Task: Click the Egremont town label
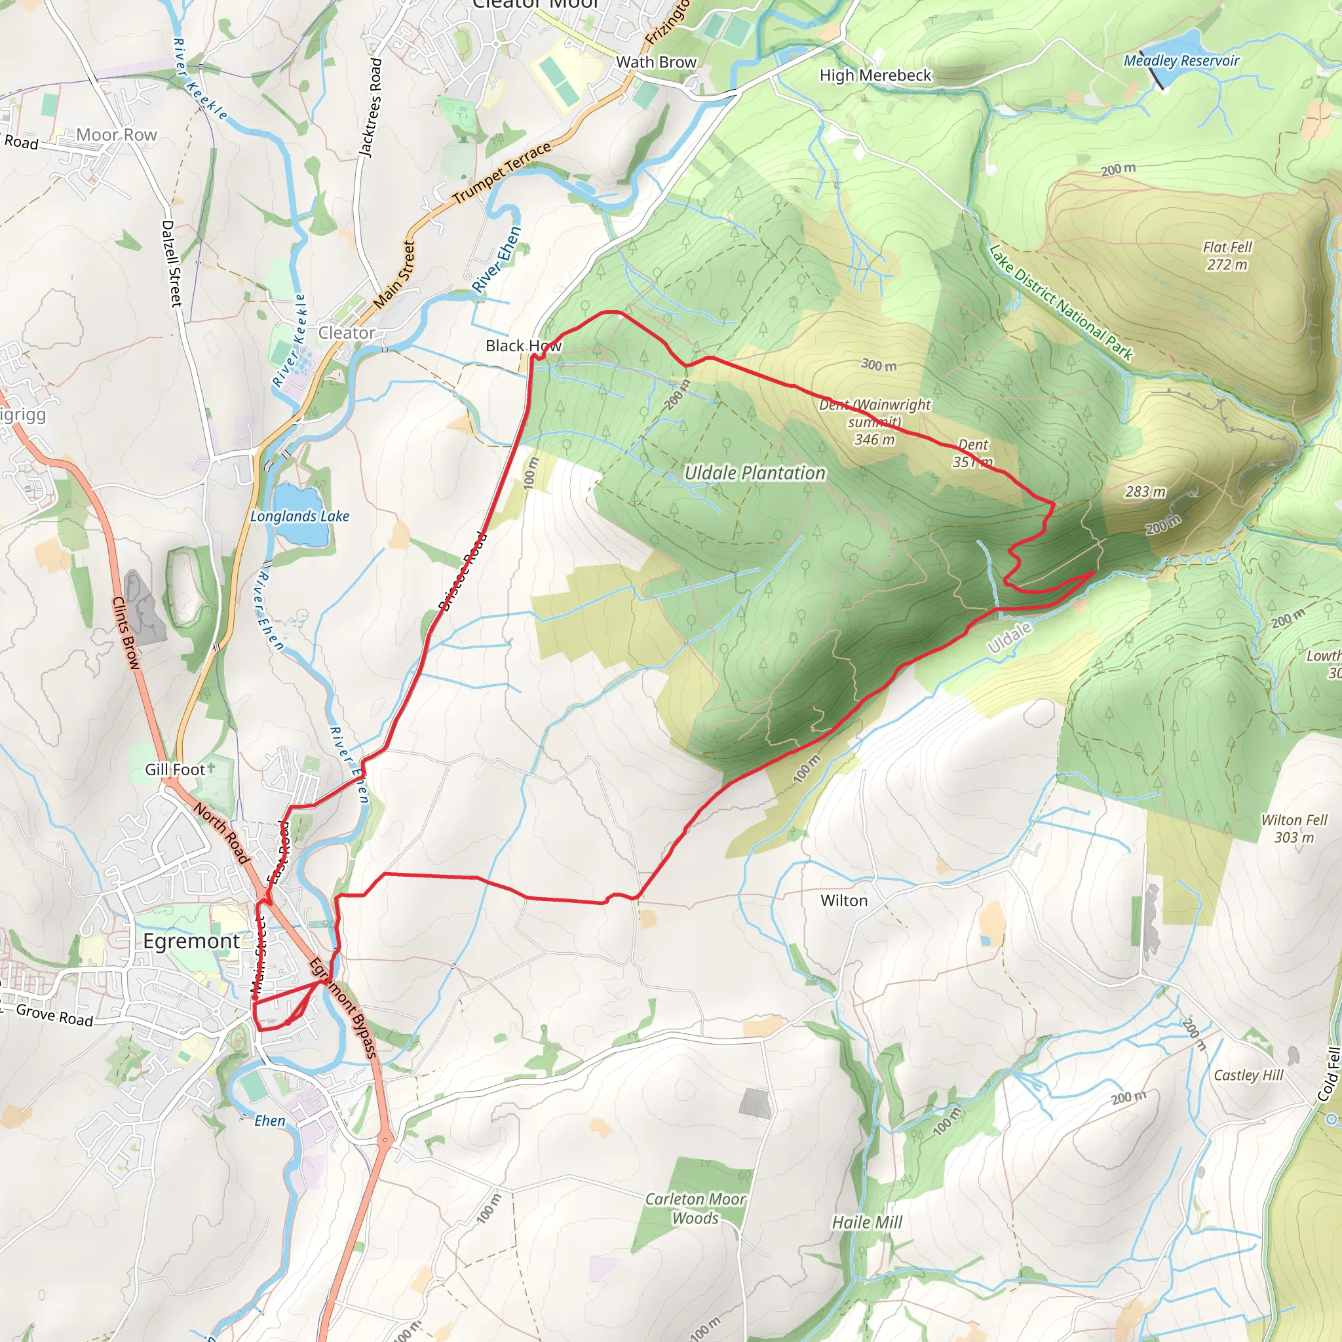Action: click(x=191, y=941)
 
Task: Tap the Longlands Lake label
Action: click(x=299, y=516)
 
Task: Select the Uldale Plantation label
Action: click(x=755, y=473)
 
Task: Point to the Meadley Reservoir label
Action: click(x=1181, y=61)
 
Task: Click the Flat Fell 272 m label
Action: click(x=1227, y=256)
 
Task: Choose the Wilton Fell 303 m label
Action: click(x=1294, y=829)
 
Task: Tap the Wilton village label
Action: click(x=843, y=901)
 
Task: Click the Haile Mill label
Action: click(x=867, y=1223)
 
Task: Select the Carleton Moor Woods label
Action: click(x=695, y=1208)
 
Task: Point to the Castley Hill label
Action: click(x=1248, y=1075)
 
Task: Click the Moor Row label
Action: click(x=117, y=135)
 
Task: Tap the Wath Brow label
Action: click(x=656, y=62)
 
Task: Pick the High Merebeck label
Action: click(x=875, y=75)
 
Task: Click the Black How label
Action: click(x=523, y=346)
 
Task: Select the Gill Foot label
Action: click(x=175, y=770)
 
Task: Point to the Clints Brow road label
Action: click(x=126, y=633)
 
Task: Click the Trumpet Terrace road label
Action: click(x=501, y=173)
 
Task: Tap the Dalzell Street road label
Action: click(x=172, y=263)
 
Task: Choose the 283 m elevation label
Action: click(x=1145, y=492)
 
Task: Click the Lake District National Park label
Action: click(x=1060, y=303)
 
